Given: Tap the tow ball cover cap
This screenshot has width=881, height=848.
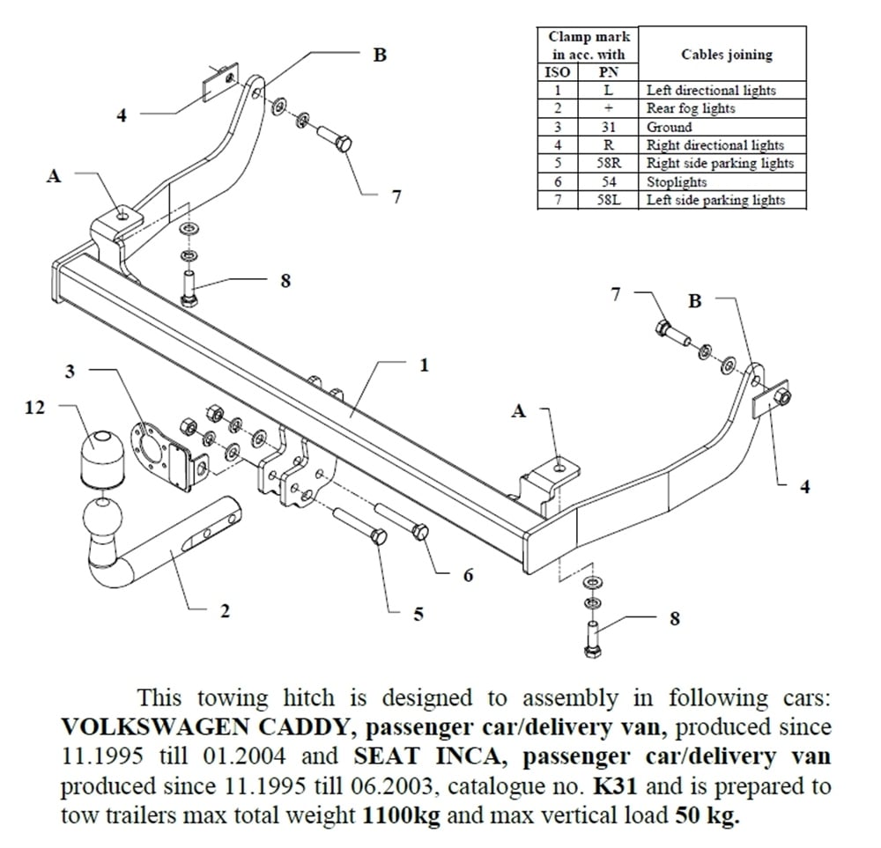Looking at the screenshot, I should click(104, 458).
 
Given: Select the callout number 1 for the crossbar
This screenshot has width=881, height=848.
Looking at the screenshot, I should click(424, 365).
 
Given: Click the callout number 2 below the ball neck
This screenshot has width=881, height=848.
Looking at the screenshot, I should click(225, 611).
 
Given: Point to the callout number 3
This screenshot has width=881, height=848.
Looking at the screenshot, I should click(70, 371).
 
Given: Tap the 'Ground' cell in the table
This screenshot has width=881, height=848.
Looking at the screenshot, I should click(670, 127).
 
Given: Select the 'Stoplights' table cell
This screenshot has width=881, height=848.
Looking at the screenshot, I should click(677, 182).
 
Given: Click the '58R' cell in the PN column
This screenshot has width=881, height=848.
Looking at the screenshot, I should click(609, 164).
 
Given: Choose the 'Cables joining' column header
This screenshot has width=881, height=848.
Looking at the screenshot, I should click(727, 55).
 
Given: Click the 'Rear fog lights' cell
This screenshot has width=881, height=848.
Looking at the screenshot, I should click(691, 108).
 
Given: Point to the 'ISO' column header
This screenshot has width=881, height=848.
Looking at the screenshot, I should click(558, 73).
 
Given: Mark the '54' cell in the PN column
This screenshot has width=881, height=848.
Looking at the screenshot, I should click(609, 182).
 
